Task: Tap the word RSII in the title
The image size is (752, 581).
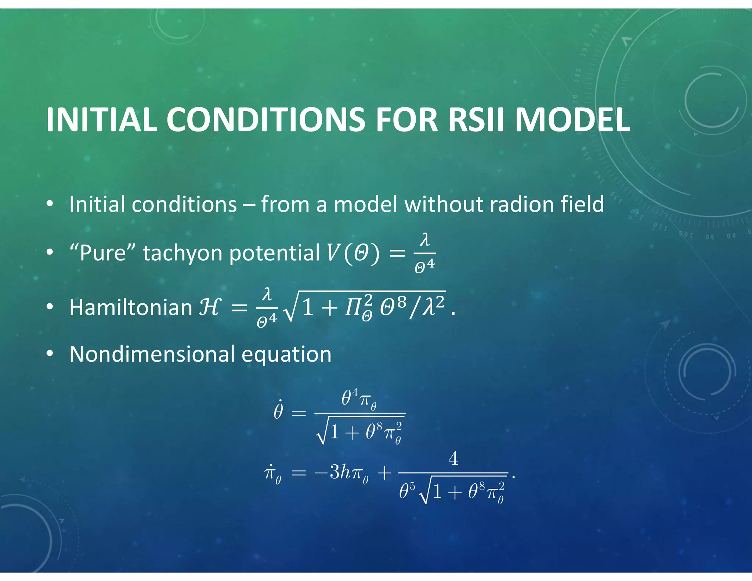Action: [x=476, y=120]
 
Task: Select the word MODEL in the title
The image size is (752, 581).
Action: [x=573, y=120]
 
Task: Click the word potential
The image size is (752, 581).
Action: [x=275, y=253]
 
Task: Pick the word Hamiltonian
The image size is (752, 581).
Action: [x=131, y=307]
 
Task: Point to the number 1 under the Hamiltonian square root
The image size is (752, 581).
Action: [x=308, y=307]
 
